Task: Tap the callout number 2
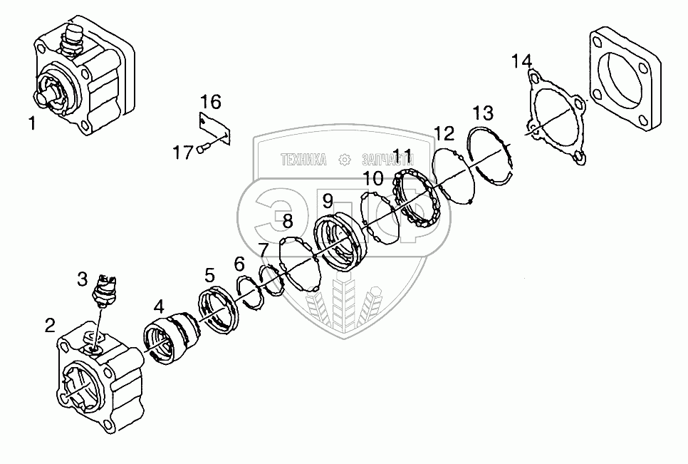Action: pos(49,326)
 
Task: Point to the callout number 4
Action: pos(158,306)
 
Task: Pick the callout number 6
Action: pos(239,263)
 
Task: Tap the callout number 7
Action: pos(264,249)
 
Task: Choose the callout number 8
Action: pos(287,222)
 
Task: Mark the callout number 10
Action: pos(374,177)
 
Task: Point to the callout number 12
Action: pos(444,133)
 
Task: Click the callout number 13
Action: pos(482,113)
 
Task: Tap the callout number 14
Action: pos(521,61)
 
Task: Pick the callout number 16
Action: pos(210,99)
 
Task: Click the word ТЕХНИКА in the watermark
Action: pos(304,160)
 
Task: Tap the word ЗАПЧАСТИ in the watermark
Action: pos(388,160)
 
